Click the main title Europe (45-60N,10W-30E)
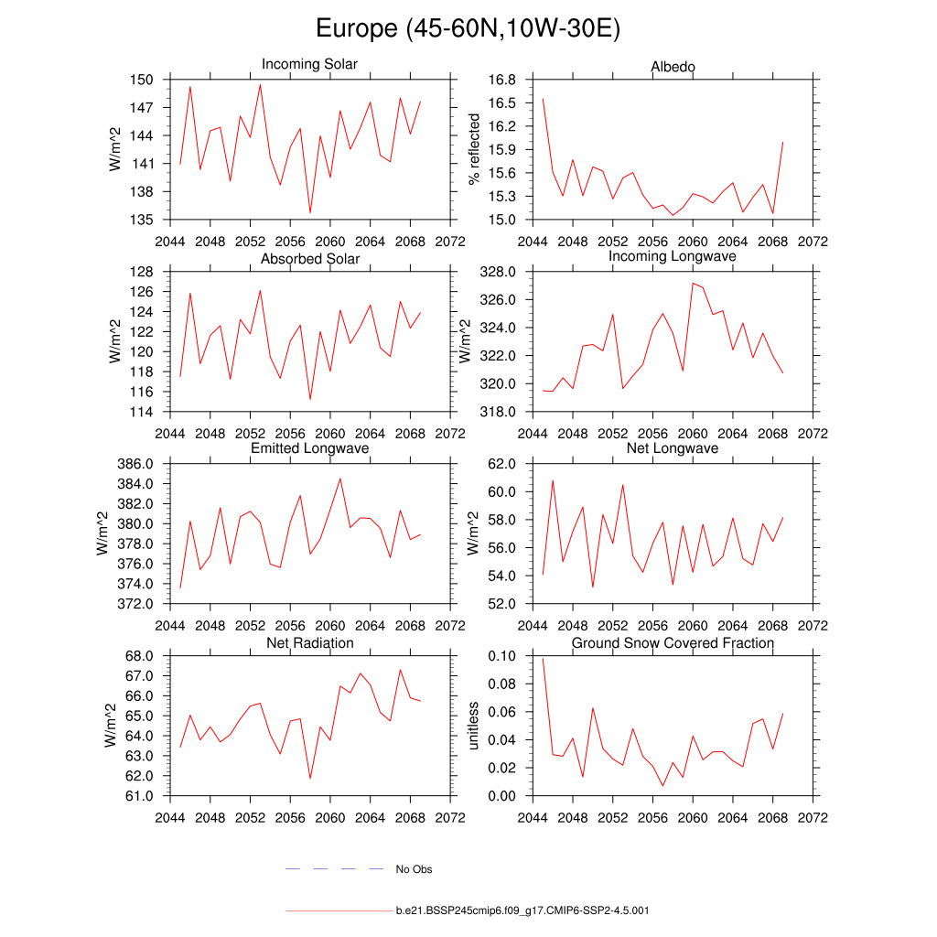(x=468, y=29)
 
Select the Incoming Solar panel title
(x=309, y=64)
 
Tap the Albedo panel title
(x=673, y=67)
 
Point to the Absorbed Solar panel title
(x=310, y=259)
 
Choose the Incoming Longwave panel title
(x=673, y=256)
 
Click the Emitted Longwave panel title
(x=310, y=448)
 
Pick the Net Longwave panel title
(x=673, y=448)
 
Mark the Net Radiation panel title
(x=310, y=643)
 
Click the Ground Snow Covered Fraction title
(x=673, y=643)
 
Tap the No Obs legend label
(x=414, y=869)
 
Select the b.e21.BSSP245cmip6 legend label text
(x=522, y=911)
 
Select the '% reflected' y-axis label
(x=474, y=149)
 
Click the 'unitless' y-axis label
(x=474, y=726)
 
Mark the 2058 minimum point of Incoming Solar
(x=310, y=212)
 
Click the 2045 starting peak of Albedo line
(x=543, y=99)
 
